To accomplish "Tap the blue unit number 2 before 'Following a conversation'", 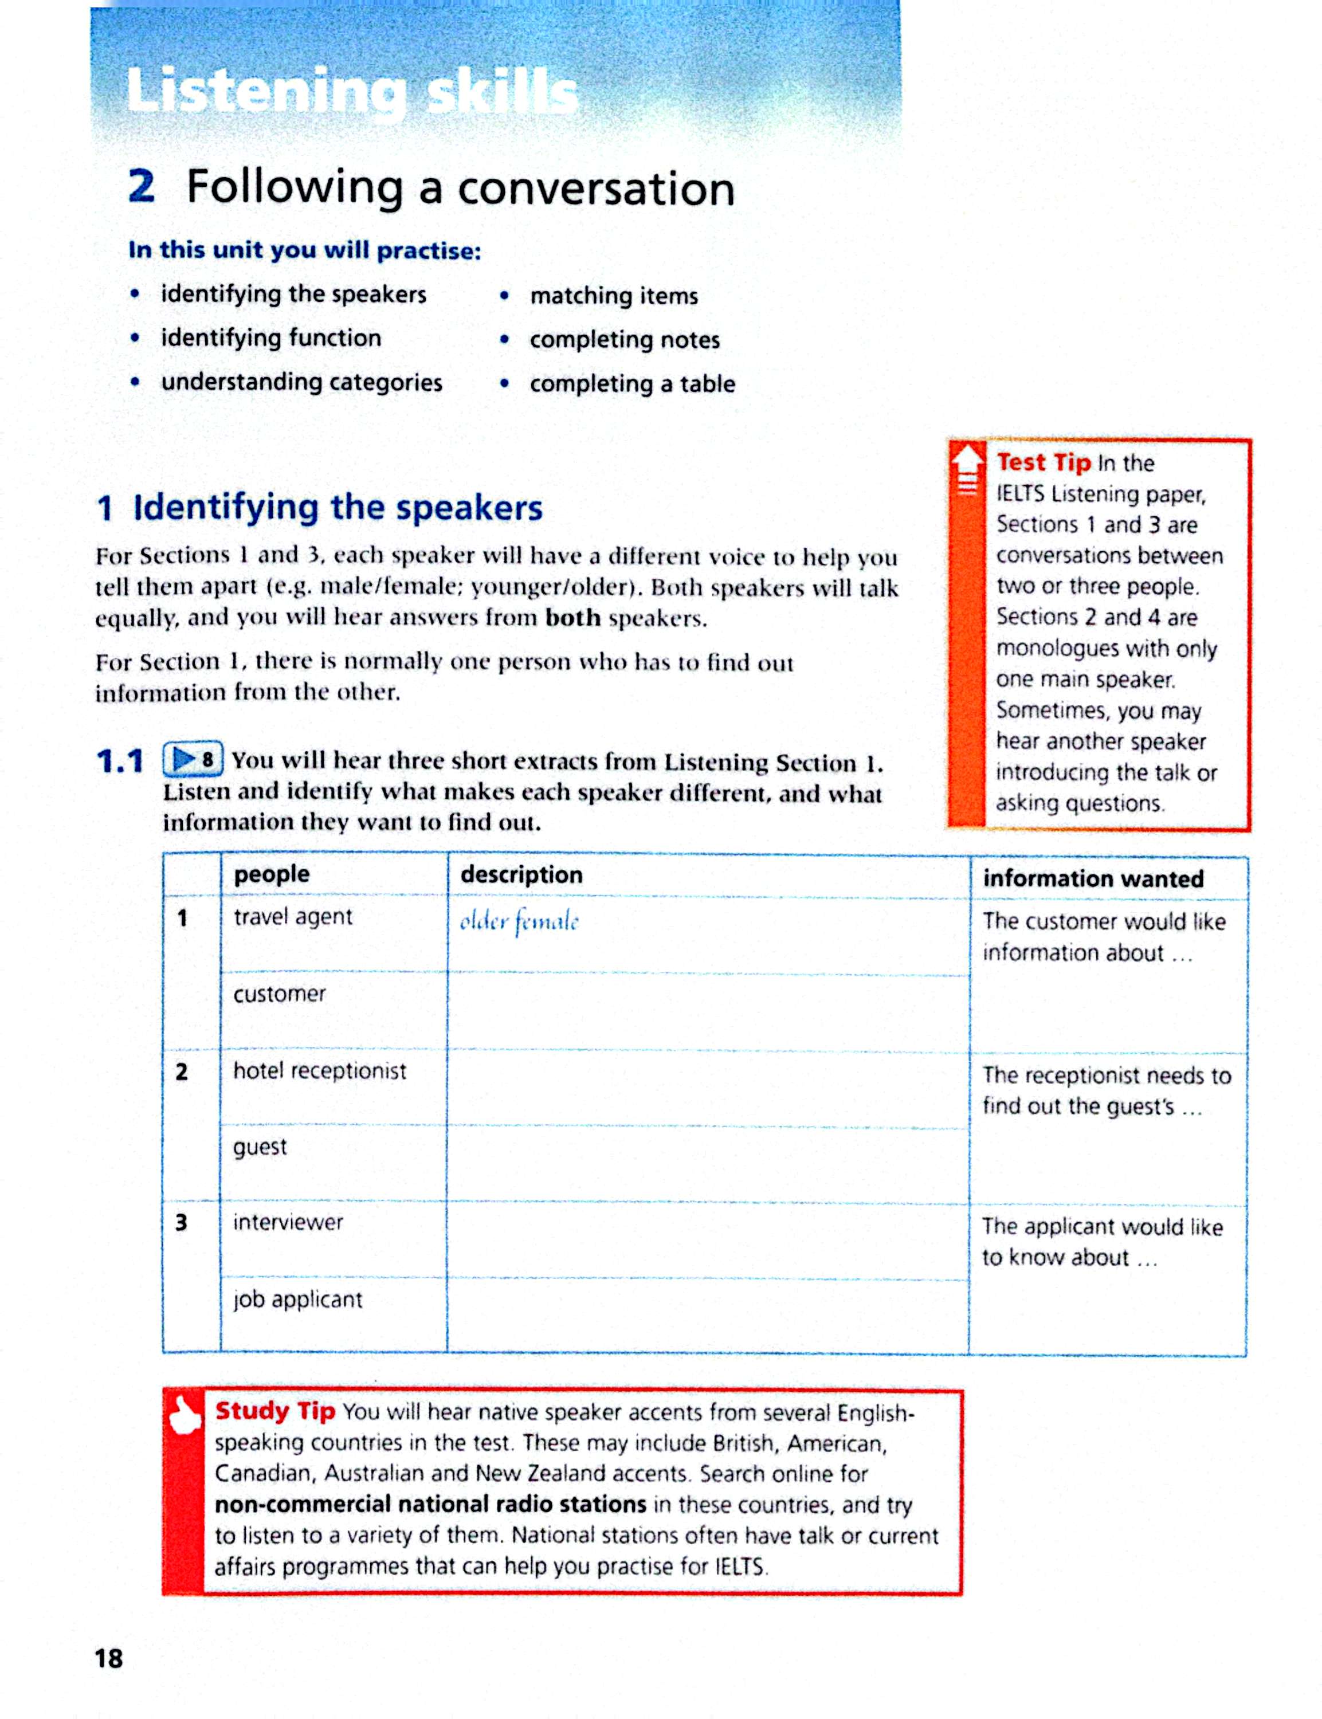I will pos(142,187).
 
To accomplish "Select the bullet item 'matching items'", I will pos(614,296).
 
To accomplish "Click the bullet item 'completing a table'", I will pos(632,384).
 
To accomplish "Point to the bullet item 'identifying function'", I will pos(270,338).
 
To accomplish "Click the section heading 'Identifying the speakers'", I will pos(338,508).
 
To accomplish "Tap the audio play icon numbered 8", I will pos(192,759).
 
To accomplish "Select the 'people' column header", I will pos(272,874).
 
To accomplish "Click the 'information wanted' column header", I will pos(1093,878).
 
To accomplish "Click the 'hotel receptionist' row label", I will pos(320,1071).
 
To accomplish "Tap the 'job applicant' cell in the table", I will pos(297,1299).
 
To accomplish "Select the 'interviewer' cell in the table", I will pos(288,1222).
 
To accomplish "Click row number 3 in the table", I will pos(182,1222).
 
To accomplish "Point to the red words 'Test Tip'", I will pos(1044,462).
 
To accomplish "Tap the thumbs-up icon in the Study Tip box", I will pos(184,1415).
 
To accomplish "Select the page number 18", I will pos(109,1658).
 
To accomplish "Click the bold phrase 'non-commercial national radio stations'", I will pos(430,1504).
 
